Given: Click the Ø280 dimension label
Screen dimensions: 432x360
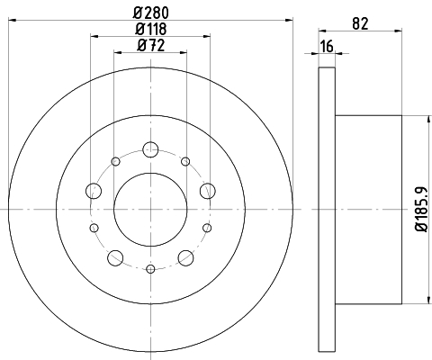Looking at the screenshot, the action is tap(151, 13).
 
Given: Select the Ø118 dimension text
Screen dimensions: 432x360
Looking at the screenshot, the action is tap(151, 29).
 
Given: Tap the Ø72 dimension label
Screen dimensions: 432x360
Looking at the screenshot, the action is tap(151, 46).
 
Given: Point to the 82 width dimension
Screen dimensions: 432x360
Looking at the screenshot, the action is tap(360, 23).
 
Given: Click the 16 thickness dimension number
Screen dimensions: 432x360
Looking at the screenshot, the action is tap(327, 47).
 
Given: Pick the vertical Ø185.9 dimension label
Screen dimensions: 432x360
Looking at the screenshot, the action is tap(421, 209).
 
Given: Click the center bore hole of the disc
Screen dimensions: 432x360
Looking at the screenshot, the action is tap(150, 210).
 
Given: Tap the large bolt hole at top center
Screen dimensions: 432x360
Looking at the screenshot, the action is tap(150, 149).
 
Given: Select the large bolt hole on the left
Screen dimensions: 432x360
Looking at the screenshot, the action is tap(94, 191).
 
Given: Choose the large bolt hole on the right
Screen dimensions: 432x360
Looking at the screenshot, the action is tap(208, 191).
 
